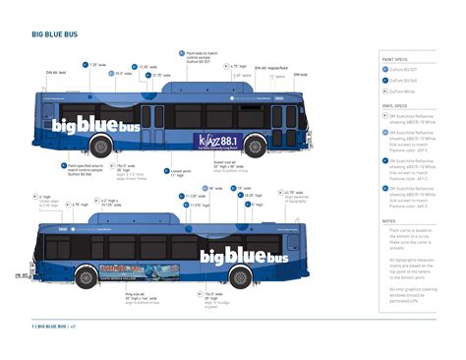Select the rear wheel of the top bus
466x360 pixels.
(101, 148)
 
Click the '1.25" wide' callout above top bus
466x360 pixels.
(97, 65)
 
